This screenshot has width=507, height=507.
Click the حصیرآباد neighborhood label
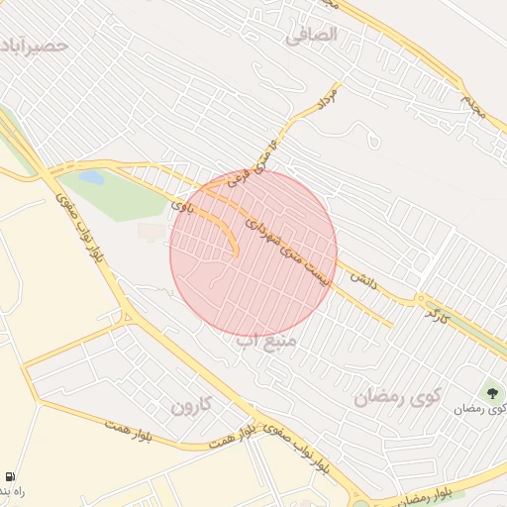point(36,47)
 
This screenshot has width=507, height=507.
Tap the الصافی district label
point(312,36)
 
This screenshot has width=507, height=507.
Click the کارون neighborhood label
point(191,406)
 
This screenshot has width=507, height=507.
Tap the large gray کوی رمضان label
point(397,397)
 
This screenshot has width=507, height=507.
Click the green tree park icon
point(492,394)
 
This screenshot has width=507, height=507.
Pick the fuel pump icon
point(10,476)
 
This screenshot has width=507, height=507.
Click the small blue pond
point(91,178)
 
